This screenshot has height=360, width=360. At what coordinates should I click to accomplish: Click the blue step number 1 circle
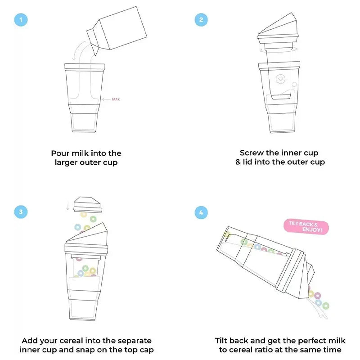pyautogui.click(x=21, y=20)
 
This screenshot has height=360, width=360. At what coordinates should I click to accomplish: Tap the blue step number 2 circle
pyautogui.click(x=201, y=20)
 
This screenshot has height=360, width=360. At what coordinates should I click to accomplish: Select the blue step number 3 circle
pyautogui.click(x=21, y=211)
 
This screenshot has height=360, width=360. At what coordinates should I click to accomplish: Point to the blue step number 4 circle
pyautogui.click(x=201, y=212)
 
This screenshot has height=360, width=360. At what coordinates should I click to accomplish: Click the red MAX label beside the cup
pyautogui.click(x=116, y=99)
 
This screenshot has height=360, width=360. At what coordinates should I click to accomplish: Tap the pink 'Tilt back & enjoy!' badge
pyautogui.click(x=306, y=227)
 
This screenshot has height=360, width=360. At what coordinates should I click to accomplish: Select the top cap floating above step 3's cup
pyautogui.click(x=87, y=205)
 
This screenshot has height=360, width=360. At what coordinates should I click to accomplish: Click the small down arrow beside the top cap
pyautogui.click(x=68, y=206)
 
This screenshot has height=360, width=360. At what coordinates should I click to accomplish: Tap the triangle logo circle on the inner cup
pyautogui.click(x=280, y=79)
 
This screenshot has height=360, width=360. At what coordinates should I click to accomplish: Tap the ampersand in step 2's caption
pyautogui.click(x=238, y=162)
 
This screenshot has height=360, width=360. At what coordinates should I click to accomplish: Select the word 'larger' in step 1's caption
pyautogui.click(x=66, y=162)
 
